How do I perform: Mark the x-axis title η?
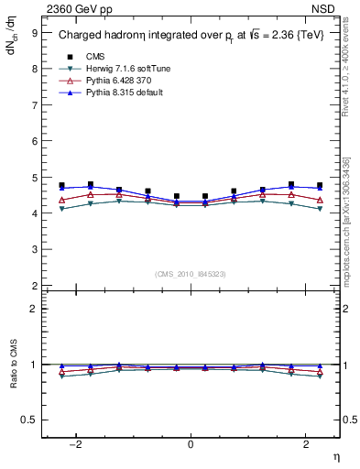[x=335, y=455]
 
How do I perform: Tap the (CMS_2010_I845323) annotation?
[x=191, y=273]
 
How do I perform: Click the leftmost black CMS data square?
[x=61, y=185]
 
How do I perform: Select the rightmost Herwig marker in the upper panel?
[x=320, y=209]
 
